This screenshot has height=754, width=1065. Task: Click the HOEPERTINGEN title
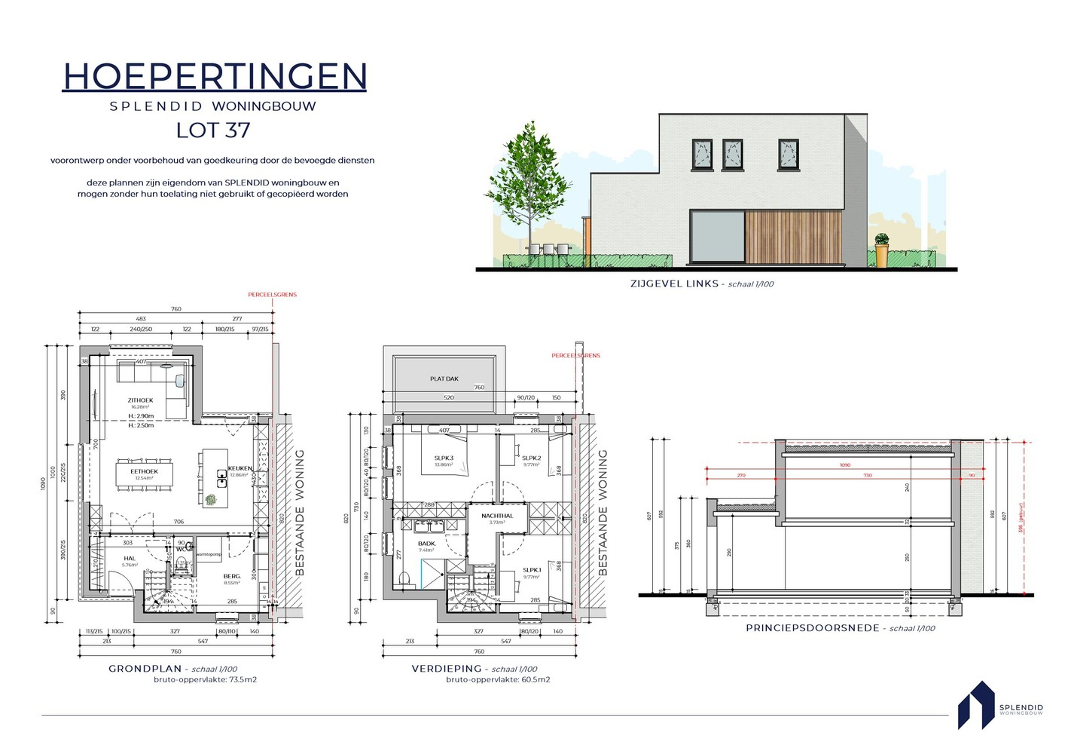(x=215, y=76)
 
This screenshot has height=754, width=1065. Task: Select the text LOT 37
(x=213, y=130)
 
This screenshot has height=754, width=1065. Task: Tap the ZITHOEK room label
(x=140, y=400)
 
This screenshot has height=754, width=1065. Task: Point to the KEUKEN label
(x=240, y=468)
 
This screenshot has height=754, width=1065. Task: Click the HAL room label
(x=130, y=559)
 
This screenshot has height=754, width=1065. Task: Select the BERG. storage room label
(x=232, y=577)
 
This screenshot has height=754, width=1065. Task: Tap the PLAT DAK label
(x=444, y=379)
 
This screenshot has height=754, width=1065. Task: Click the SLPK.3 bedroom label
(x=444, y=458)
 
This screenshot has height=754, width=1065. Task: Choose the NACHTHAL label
(x=497, y=516)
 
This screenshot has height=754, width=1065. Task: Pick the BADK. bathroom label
(x=426, y=544)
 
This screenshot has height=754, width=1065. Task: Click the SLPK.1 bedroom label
(x=532, y=570)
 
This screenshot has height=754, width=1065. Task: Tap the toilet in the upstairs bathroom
(x=404, y=579)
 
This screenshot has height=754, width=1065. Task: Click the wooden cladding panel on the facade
(x=792, y=238)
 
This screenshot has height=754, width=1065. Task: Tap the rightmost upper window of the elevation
(x=788, y=154)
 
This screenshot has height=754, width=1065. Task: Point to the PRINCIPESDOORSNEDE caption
(x=812, y=628)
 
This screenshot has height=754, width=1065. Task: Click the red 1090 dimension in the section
(x=845, y=465)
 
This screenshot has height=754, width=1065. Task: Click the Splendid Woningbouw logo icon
(x=976, y=706)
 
